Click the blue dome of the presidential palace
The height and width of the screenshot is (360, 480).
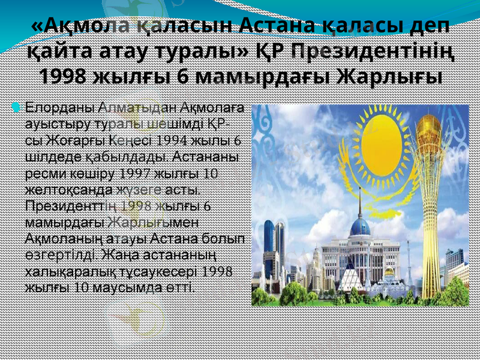tap(360, 227)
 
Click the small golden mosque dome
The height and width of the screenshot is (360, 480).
tap(389, 272)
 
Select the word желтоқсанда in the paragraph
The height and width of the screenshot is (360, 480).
tap(68, 190)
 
